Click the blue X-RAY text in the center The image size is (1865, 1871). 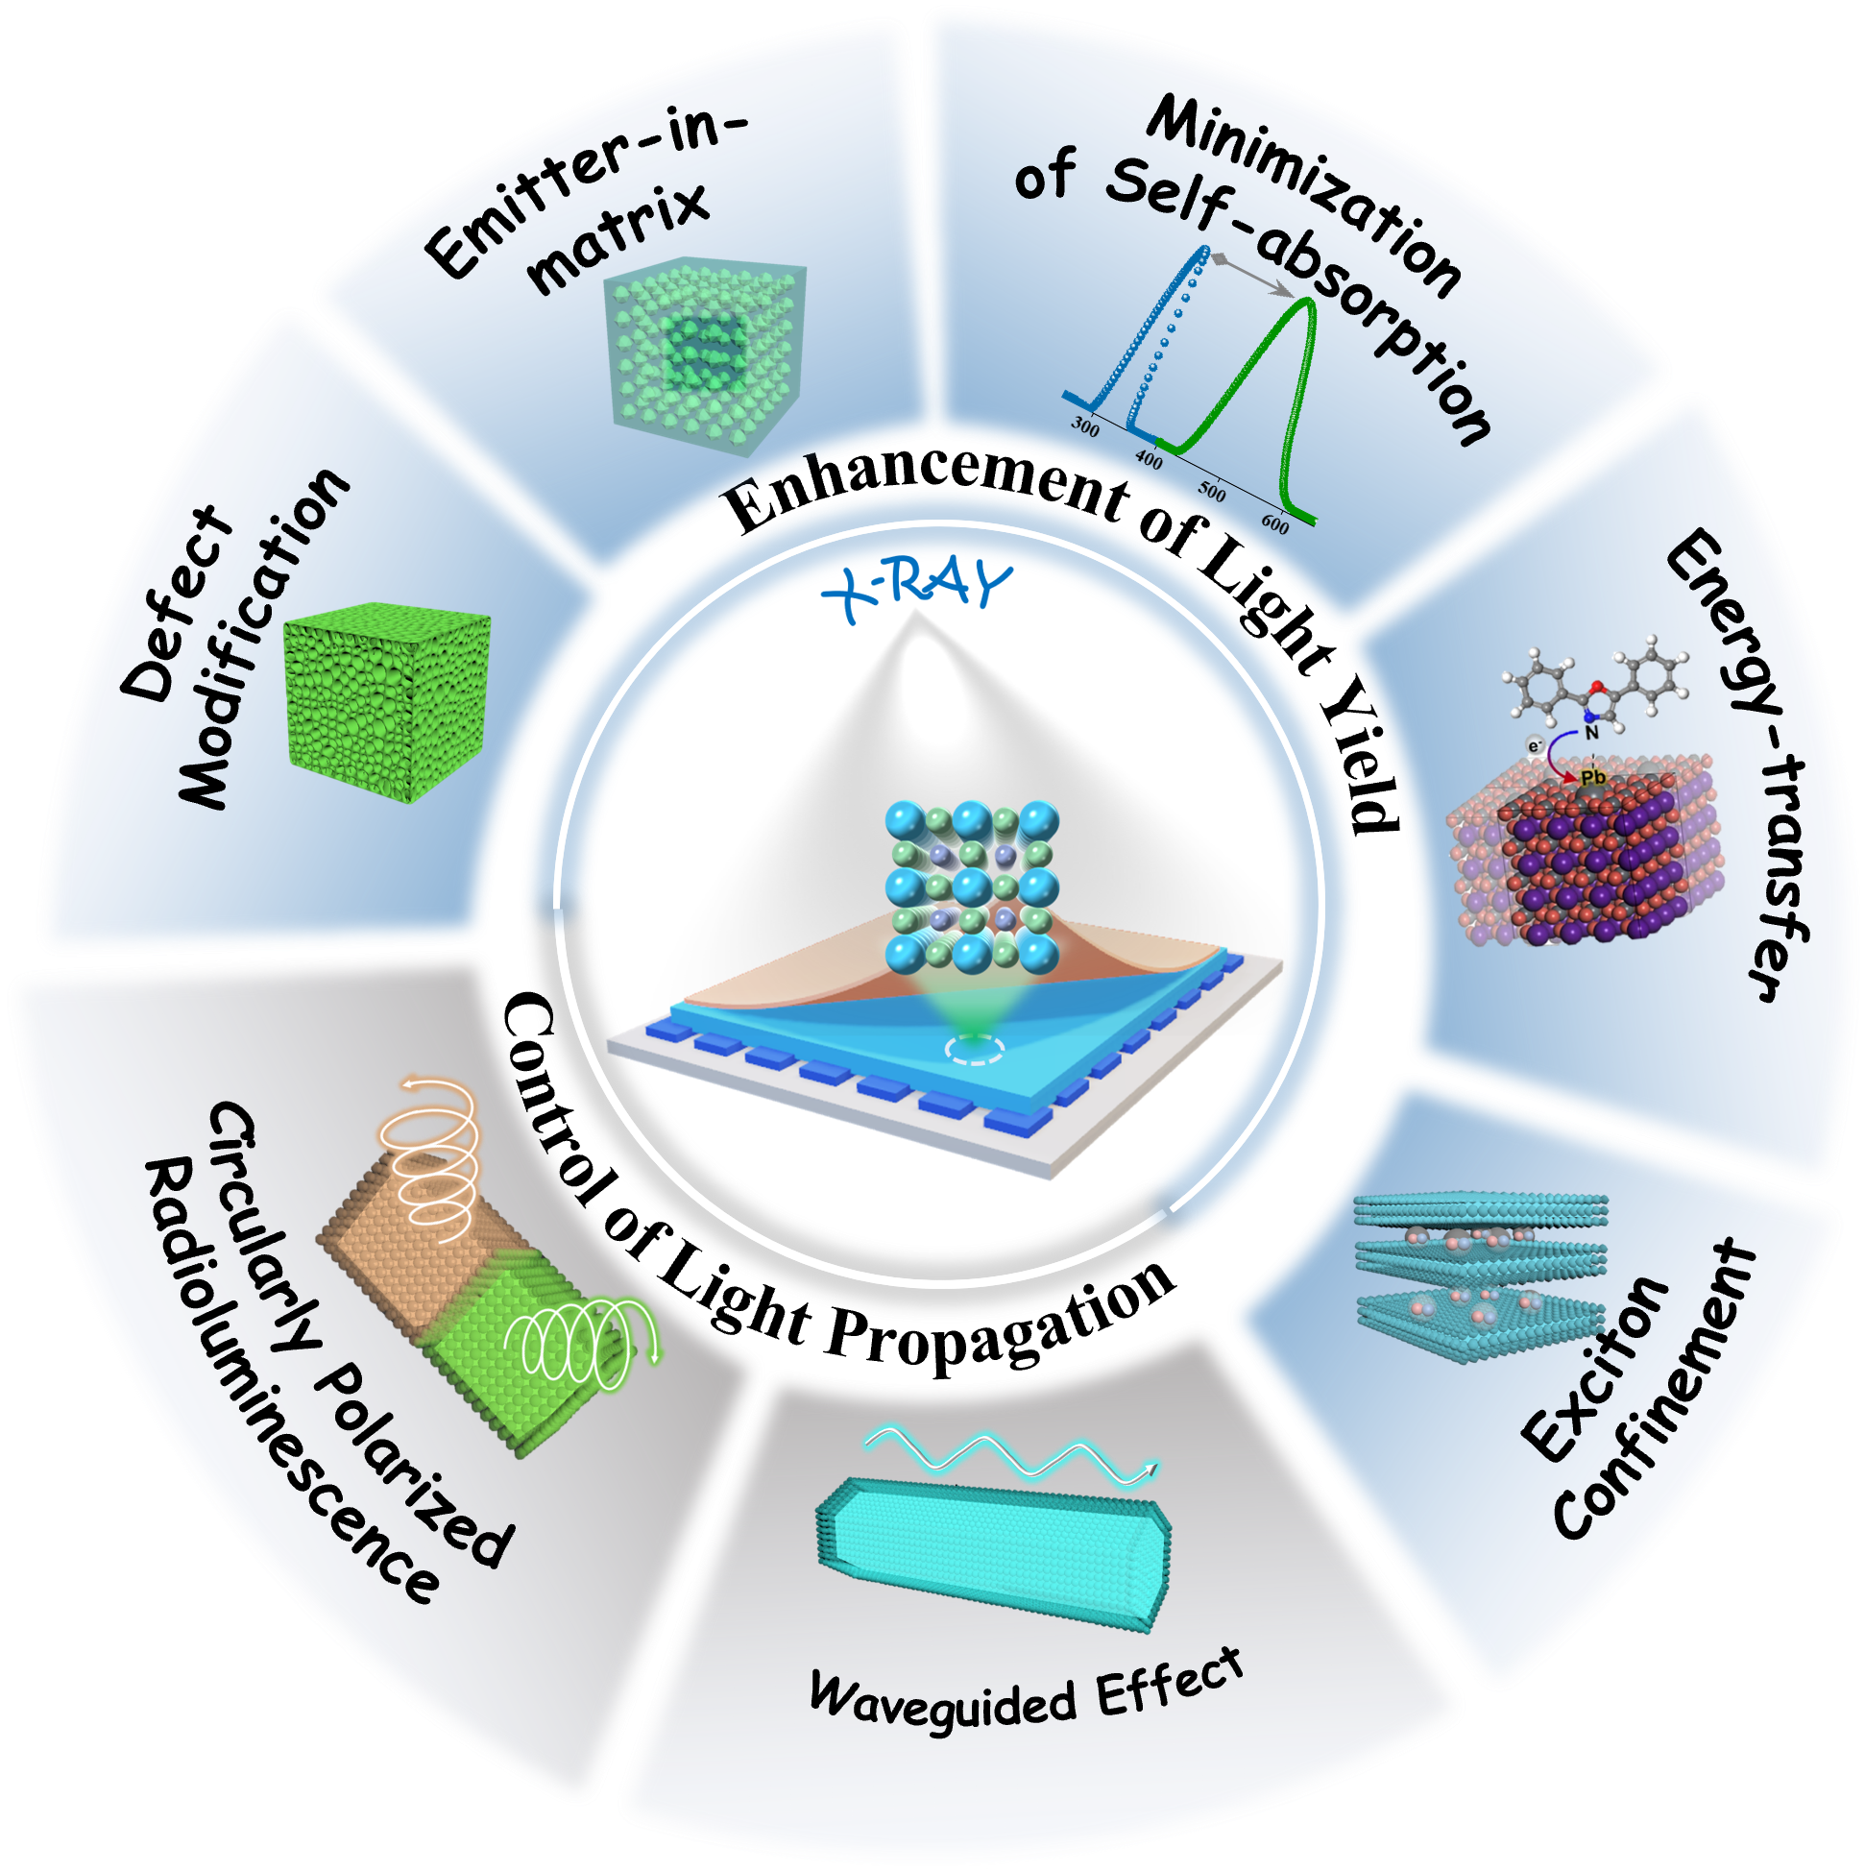(x=916, y=587)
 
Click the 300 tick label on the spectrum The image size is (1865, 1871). (x=1084, y=426)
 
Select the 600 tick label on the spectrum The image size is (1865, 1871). (x=1275, y=523)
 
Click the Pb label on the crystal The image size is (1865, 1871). (x=1592, y=777)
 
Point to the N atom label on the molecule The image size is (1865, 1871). (x=1591, y=733)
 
